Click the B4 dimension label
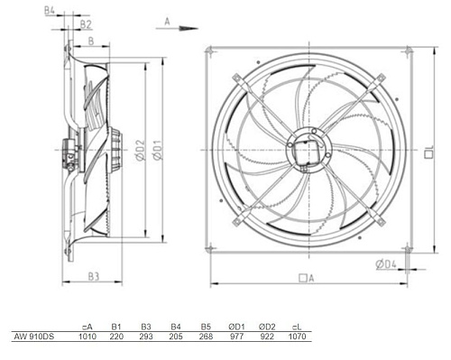[x=50, y=11]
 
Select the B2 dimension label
[x=86, y=24]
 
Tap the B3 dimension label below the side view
[x=94, y=276]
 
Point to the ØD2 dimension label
[x=140, y=150]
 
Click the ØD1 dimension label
[x=158, y=150]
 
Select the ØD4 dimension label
[x=386, y=264]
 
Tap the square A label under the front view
[x=307, y=278]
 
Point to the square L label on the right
[x=429, y=152]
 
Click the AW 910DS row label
[x=33, y=337]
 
